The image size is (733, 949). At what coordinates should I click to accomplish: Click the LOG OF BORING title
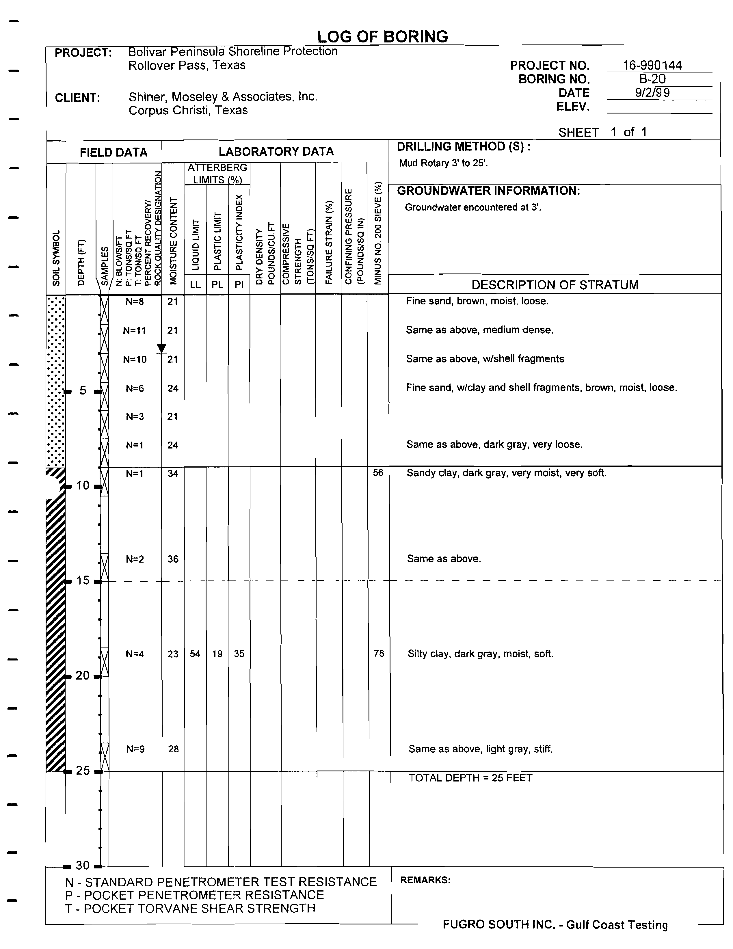pos(382,37)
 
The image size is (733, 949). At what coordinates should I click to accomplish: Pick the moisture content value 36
pos(173,559)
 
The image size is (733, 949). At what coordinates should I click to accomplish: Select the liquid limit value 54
pos(195,654)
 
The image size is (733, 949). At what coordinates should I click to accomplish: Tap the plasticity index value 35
pos(239,654)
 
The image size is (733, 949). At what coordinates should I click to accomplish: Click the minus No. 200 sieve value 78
pos(379,654)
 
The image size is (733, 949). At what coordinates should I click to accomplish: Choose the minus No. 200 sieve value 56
pos(378,473)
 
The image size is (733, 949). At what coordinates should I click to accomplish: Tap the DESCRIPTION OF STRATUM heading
pos(555,285)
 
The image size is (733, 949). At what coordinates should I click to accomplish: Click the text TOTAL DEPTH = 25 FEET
pos(470,778)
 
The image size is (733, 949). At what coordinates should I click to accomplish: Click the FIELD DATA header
pos(114,152)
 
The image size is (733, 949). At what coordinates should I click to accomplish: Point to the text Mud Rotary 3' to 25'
pos(443,163)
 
